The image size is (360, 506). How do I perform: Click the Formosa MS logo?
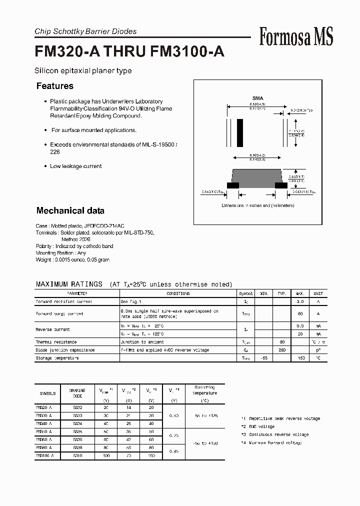tap(296, 37)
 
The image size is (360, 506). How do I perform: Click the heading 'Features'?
tap(55, 86)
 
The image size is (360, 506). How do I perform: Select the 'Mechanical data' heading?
tap(70, 210)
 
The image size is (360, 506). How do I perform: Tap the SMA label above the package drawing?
tap(257, 98)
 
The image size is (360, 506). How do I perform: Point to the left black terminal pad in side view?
tap(232, 185)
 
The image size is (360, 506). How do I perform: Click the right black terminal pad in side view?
tap(281, 185)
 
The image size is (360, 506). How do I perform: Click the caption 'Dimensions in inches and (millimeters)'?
tap(257, 205)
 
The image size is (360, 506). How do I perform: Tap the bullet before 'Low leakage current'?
tap(45, 166)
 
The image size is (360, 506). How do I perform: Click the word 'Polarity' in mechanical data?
tap(43, 246)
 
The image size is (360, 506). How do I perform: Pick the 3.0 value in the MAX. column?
tap(300, 302)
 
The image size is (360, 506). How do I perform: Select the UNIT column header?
tap(318, 293)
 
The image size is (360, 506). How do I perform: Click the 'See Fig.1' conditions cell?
tap(131, 302)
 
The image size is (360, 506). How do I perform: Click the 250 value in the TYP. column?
tap(282, 350)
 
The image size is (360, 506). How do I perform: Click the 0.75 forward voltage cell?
tap(174, 435)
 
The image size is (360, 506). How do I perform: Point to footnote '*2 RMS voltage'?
tap(258, 426)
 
